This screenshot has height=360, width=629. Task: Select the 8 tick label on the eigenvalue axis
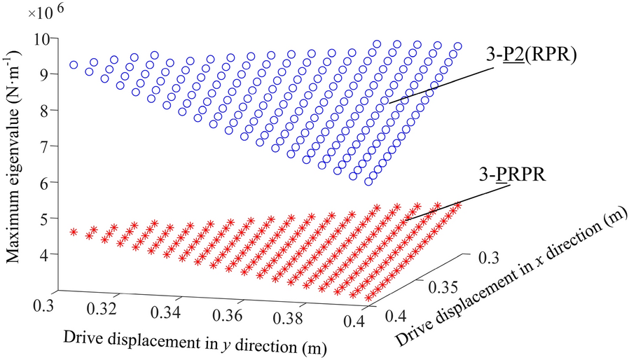[x=50, y=110]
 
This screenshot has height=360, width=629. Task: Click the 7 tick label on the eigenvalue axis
[x=50, y=146]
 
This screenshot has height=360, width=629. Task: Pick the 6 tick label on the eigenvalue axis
[x=50, y=182]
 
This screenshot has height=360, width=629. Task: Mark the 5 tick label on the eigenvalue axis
[x=50, y=219]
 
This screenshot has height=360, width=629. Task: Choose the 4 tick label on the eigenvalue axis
[x=50, y=254]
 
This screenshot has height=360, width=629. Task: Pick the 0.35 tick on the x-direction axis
[x=442, y=287]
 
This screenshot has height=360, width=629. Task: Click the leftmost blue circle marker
[x=74, y=64]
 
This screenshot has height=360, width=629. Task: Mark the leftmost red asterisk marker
[x=74, y=231]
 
